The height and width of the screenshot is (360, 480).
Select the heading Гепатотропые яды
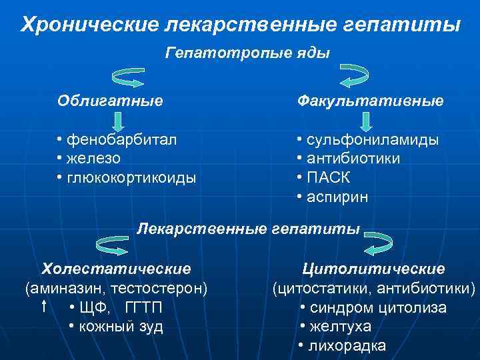[247, 53]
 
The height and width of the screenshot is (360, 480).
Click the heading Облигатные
[110, 101]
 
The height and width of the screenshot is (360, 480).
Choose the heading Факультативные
[370, 101]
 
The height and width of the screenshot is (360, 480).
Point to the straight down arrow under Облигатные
[117, 121]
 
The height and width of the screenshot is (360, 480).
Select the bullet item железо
[93, 159]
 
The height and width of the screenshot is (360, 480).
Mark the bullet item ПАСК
[327, 178]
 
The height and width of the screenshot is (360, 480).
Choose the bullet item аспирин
[336, 197]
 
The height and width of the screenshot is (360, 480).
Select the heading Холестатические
[117, 269]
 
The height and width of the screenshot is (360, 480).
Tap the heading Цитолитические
[373, 269]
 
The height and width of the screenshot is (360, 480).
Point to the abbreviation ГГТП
[143, 308]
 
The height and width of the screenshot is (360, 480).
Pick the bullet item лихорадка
[346, 346]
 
